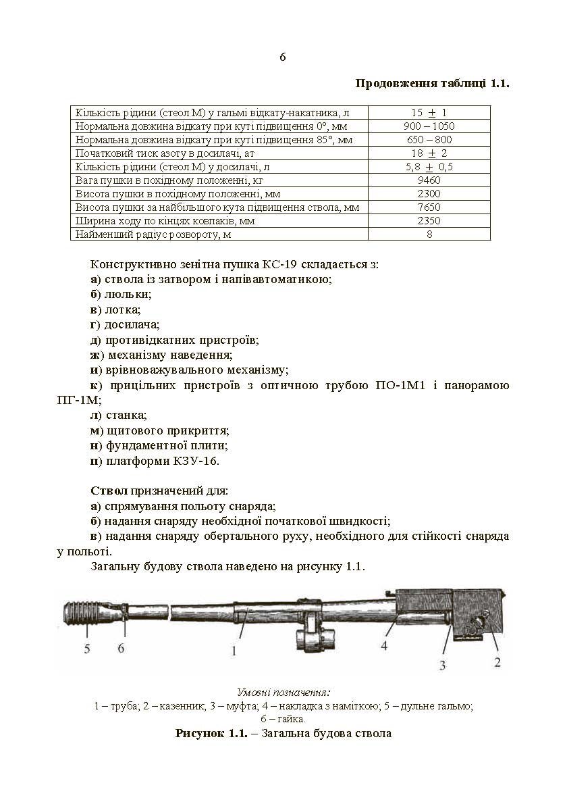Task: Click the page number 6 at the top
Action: (283, 57)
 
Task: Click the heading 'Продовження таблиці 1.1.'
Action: (432, 84)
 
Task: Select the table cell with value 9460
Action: (429, 180)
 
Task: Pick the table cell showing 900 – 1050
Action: (429, 126)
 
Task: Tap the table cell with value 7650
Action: (429, 207)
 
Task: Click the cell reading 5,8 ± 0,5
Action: (429, 167)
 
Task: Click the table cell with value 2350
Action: (429, 221)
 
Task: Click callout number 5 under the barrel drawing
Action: (88, 649)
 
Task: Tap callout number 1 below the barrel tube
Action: (234, 651)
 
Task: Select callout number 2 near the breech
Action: (497, 662)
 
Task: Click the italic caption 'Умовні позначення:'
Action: (283, 693)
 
